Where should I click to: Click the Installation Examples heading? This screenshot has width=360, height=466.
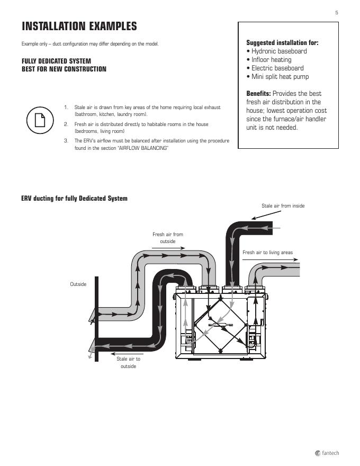click(79, 26)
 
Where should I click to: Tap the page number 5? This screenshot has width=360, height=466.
click(337, 12)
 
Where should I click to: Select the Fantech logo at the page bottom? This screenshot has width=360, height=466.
click(327, 453)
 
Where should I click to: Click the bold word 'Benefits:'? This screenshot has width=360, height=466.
click(258, 94)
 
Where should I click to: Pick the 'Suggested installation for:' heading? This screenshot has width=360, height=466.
click(282, 43)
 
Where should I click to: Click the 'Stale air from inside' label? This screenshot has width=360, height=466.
click(283, 206)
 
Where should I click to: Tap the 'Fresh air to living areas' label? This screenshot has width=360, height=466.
click(267, 253)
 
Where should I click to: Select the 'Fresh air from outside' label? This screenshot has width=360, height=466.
click(168, 238)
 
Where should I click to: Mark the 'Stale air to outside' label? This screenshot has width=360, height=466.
click(128, 363)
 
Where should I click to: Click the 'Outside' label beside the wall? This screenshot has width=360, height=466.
click(78, 284)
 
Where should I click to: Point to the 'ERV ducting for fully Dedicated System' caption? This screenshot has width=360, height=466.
click(74, 199)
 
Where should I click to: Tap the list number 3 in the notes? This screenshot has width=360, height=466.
click(66, 141)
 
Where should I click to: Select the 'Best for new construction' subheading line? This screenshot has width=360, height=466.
click(64, 69)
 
